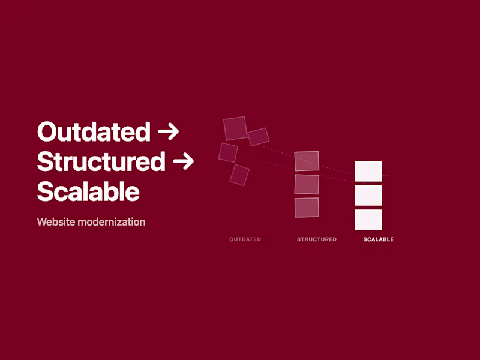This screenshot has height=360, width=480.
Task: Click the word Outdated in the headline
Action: tap(94, 131)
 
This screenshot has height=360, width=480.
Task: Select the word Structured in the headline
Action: tap(101, 161)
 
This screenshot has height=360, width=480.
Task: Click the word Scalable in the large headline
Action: tap(88, 191)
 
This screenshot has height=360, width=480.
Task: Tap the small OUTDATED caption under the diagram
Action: tap(245, 239)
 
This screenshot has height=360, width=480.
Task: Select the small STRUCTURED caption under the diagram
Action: tap(317, 239)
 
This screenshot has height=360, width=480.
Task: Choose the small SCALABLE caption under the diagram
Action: tap(379, 239)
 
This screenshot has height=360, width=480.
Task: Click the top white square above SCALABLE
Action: tap(368, 172)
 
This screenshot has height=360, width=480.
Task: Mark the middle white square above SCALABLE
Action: tap(368, 195)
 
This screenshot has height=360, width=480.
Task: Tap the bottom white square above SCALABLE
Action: tap(368, 219)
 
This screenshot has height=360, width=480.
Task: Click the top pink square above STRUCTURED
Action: tap(307, 161)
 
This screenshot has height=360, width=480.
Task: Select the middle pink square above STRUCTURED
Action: tap(307, 184)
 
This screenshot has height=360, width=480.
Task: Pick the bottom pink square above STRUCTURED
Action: tap(307, 207)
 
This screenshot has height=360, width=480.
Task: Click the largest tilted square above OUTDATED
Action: tap(235, 128)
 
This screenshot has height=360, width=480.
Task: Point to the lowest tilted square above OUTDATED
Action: tap(239, 175)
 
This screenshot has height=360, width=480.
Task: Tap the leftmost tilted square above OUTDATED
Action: tap(228, 152)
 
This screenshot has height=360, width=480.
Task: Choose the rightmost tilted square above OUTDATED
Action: tap(259, 137)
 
